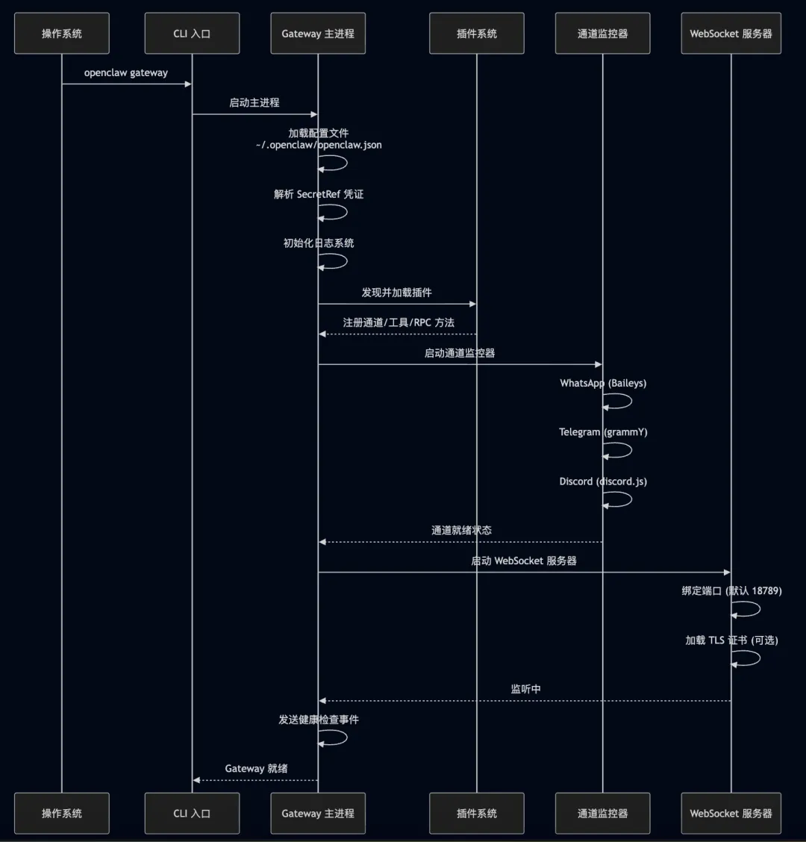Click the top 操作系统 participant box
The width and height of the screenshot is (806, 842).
click(x=62, y=34)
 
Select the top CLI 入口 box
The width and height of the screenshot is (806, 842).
click(x=192, y=34)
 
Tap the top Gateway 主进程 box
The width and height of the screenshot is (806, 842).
click(x=318, y=34)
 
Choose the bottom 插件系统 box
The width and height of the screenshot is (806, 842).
click(x=476, y=813)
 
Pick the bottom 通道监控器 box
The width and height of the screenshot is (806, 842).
click(x=602, y=813)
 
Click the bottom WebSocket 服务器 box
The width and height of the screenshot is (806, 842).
click(x=731, y=813)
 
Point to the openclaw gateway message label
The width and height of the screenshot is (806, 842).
click(x=126, y=73)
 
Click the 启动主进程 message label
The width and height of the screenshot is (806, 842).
click(x=254, y=103)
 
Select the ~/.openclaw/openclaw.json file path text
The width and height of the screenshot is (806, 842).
click(x=319, y=145)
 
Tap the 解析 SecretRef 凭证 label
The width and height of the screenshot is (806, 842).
click(x=319, y=194)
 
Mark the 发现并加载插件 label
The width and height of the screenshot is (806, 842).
click(x=396, y=293)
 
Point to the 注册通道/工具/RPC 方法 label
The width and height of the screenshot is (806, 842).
click(x=399, y=322)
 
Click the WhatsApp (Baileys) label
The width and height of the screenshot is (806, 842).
click(x=603, y=383)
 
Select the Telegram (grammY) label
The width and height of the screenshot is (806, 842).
click(x=603, y=432)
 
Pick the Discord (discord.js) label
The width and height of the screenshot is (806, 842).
click(x=603, y=481)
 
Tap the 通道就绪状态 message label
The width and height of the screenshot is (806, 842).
click(x=461, y=531)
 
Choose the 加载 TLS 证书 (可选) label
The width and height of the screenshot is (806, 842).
click(x=731, y=640)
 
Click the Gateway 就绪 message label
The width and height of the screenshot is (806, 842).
click(x=256, y=769)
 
